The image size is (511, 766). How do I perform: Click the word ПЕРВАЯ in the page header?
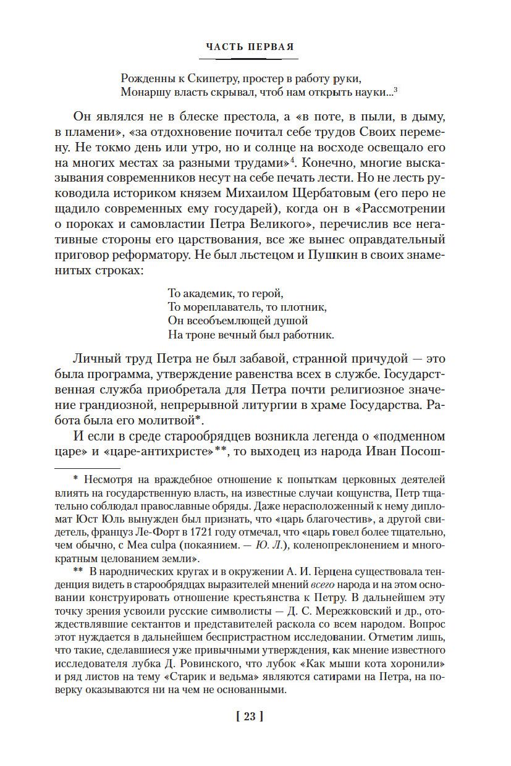[269, 46]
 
